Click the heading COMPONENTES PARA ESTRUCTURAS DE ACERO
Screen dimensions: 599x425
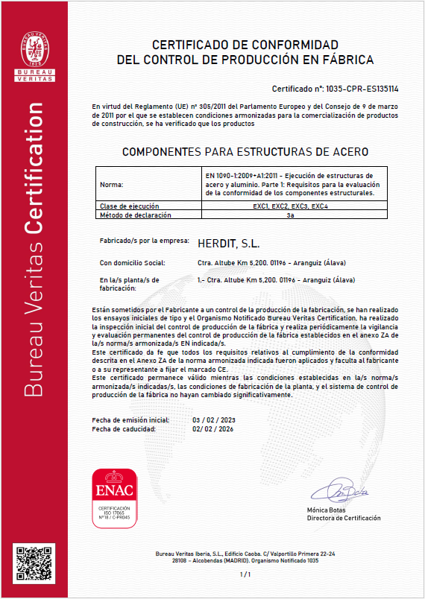click(245, 151)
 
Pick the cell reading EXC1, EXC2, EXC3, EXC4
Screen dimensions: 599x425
click(288, 206)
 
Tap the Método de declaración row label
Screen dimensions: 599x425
click(135, 215)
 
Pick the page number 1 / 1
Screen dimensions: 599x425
click(245, 575)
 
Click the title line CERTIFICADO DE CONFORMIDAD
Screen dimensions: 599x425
click(245, 44)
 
